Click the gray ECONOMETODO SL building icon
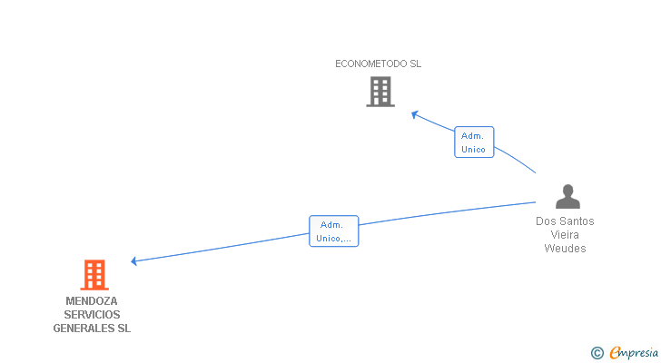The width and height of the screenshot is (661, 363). click(x=380, y=92)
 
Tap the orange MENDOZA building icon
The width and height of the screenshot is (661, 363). click(x=94, y=275)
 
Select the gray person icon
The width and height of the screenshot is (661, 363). click(x=567, y=197)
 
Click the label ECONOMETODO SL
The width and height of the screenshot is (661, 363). click(x=378, y=64)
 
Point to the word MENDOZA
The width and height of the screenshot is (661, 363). click(x=92, y=301)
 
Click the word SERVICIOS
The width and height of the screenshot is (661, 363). click(x=92, y=315)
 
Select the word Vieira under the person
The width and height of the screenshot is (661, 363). click(x=565, y=235)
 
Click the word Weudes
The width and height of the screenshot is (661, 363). click(x=565, y=249)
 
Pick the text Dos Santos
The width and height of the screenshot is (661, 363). click(x=565, y=221)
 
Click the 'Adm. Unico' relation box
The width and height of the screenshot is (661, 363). click(x=474, y=142)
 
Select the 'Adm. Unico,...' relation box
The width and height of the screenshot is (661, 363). click(x=333, y=231)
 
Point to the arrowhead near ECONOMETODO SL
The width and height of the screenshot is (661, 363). click(x=414, y=114)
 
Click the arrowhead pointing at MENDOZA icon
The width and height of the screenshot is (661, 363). click(x=134, y=261)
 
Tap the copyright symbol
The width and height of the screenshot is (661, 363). click(x=597, y=353)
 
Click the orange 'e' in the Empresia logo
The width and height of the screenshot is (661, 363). click(x=615, y=353)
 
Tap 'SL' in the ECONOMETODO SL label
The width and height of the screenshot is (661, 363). click(x=415, y=64)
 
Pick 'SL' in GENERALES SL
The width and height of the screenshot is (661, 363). click(x=123, y=329)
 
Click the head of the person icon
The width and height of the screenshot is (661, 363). click(x=567, y=191)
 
